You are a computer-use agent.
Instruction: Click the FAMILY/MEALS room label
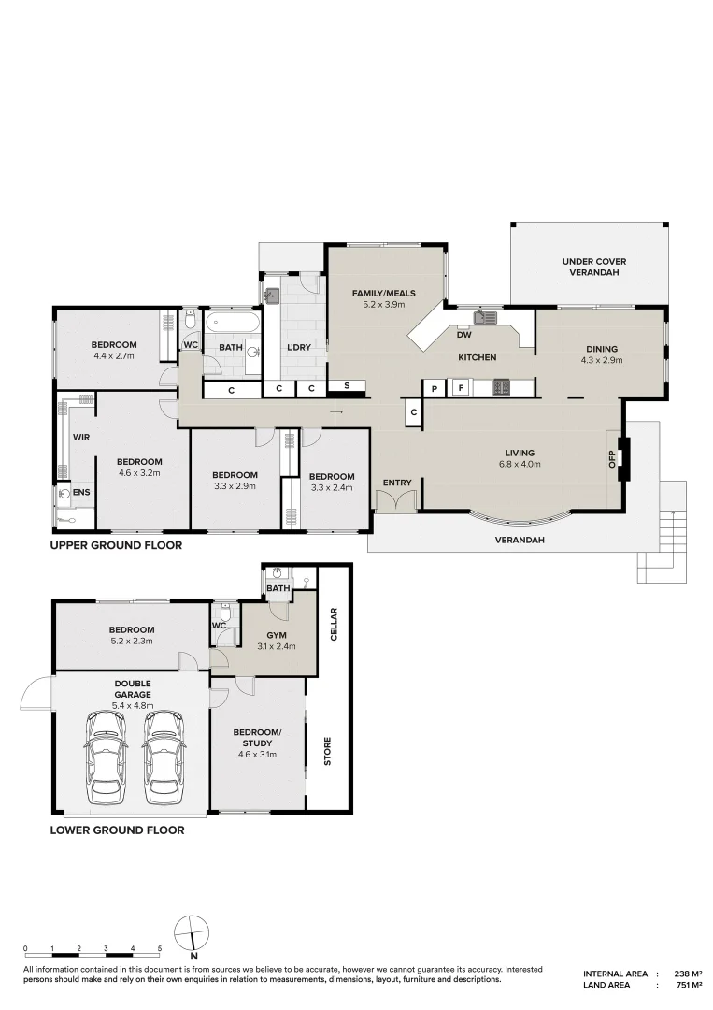[x=383, y=293]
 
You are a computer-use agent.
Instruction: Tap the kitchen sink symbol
[x=485, y=317]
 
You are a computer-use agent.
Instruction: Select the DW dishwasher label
[x=463, y=335]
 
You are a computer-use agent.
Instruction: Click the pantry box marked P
[x=435, y=388]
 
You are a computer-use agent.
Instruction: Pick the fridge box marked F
[x=460, y=388]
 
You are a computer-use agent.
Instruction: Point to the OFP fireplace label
[x=612, y=458]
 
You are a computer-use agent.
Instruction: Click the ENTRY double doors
[x=396, y=499]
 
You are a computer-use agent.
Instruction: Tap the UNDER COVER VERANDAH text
[x=594, y=267]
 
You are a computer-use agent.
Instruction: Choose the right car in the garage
[x=164, y=757]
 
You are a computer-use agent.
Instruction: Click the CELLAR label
[x=334, y=624]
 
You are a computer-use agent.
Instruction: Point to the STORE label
[x=328, y=751]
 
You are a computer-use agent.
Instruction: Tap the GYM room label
[x=276, y=635]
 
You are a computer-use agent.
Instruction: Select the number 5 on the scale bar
[x=160, y=948]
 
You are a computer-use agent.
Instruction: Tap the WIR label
[x=81, y=438]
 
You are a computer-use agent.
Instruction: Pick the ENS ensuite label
[x=81, y=493]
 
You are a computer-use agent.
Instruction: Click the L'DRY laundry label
[x=299, y=347]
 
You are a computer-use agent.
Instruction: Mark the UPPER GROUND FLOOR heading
[x=117, y=545]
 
